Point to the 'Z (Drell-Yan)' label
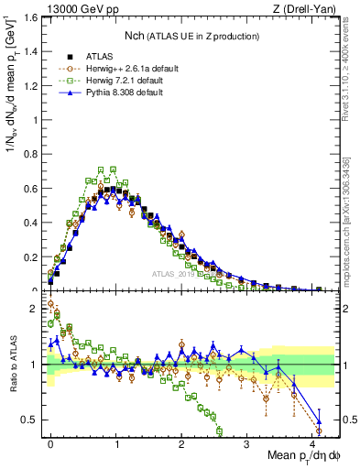(x=310, y=8)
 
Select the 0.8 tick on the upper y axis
(x=28, y=153)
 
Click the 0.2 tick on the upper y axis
(x=28, y=256)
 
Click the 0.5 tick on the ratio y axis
(x=29, y=420)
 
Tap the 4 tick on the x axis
(x=311, y=442)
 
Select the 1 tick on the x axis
(x=116, y=442)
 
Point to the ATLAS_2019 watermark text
(x=174, y=273)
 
